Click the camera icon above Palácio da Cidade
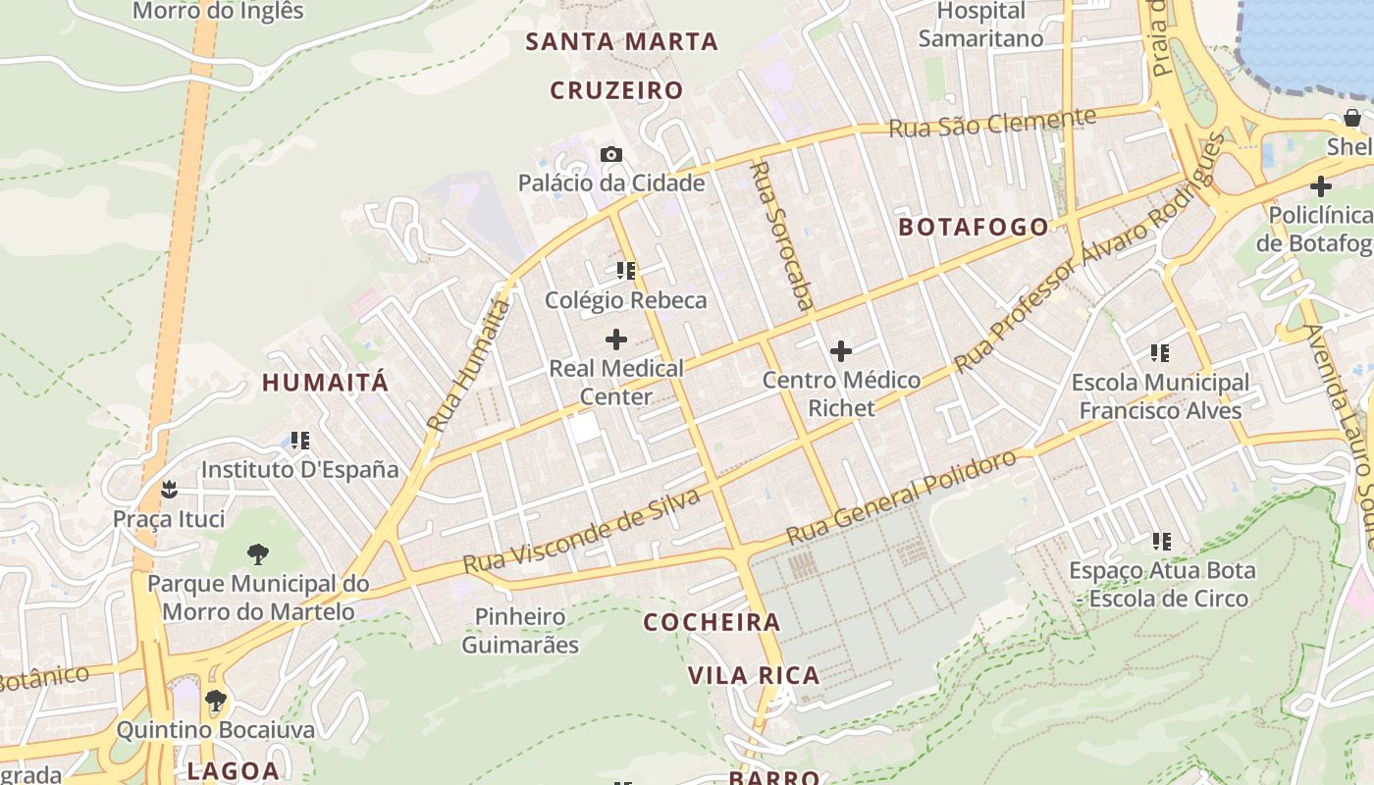[611, 155]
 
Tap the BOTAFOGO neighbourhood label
[974, 227]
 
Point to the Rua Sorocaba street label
[781, 235]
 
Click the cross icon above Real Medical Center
[616, 340]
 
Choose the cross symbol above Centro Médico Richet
[841, 351]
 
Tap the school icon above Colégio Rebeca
[626, 271]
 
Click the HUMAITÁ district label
[325, 383]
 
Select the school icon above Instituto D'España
[300, 441]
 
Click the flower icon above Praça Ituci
[169, 488]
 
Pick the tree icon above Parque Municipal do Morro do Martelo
[258, 554]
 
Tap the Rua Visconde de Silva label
[581, 531]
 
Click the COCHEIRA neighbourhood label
[712, 622]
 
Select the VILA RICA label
[754, 675]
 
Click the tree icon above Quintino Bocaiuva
[216, 701]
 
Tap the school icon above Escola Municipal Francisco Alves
[1160, 353]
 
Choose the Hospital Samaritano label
[980, 25]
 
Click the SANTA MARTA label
[622, 42]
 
